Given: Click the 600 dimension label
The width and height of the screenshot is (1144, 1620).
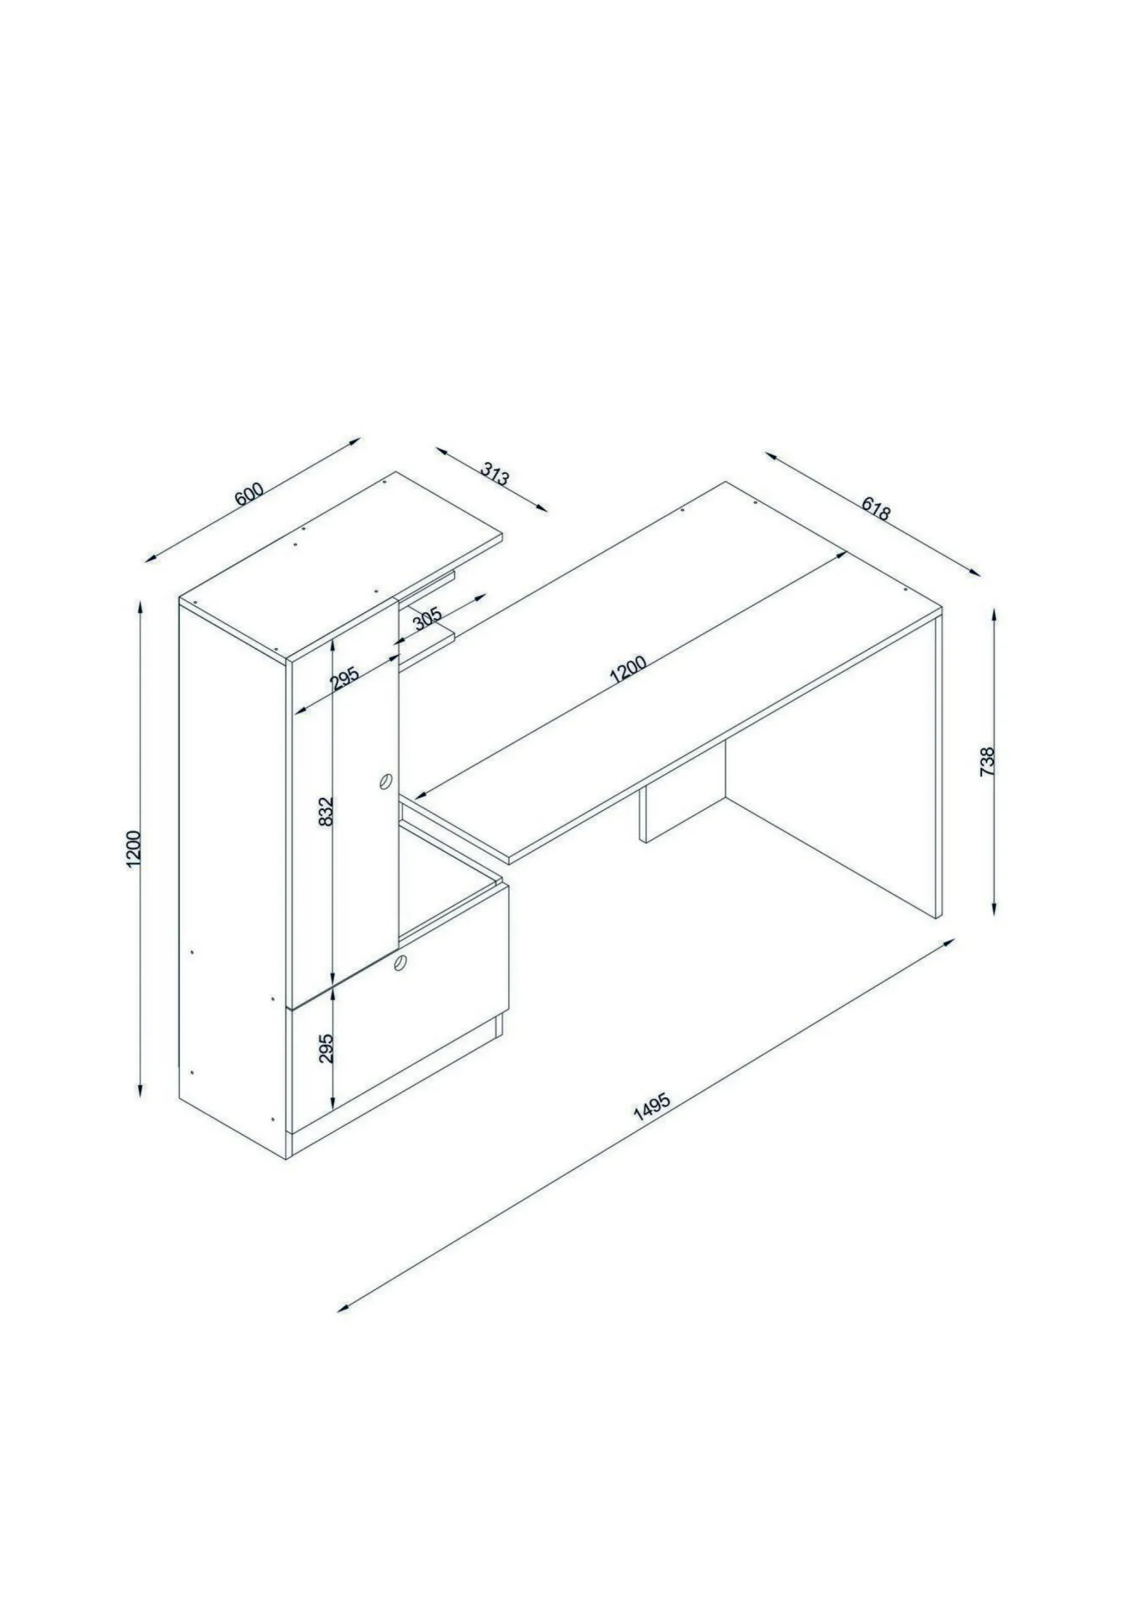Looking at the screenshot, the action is [x=249, y=493].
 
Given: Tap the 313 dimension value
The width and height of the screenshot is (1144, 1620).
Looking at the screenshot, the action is [x=495, y=473].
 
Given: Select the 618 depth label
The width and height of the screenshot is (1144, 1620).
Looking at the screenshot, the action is [x=876, y=509].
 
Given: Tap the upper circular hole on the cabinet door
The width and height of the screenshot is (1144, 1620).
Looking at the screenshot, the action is [x=386, y=781].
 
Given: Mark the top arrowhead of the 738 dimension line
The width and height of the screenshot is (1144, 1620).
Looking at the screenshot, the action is [x=995, y=616].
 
